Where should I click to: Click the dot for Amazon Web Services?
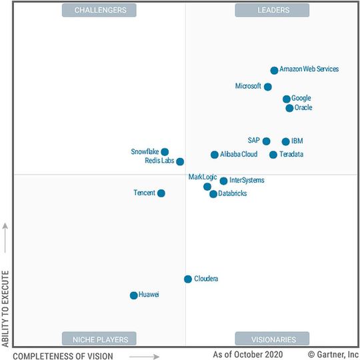point(274,70)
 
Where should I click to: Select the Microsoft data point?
point(268,87)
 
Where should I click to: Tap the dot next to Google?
point(287,99)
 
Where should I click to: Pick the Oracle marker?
point(289,108)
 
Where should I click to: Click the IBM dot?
point(286,141)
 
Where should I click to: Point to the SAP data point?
point(266,141)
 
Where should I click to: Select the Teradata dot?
point(273,155)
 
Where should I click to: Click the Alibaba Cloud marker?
point(215,155)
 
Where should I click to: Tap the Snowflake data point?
point(165,152)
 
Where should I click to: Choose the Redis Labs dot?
point(180,161)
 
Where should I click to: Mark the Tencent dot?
point(161,193)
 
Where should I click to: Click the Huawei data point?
point(134,295)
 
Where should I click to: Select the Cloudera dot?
point(188,279)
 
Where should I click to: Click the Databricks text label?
point(233,193)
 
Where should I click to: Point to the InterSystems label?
point(247,181)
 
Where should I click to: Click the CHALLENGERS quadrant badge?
point(99,10)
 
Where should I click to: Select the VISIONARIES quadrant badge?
point(272,339)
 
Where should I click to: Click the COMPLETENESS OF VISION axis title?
point(63,356)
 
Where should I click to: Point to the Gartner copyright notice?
point(333,355)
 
